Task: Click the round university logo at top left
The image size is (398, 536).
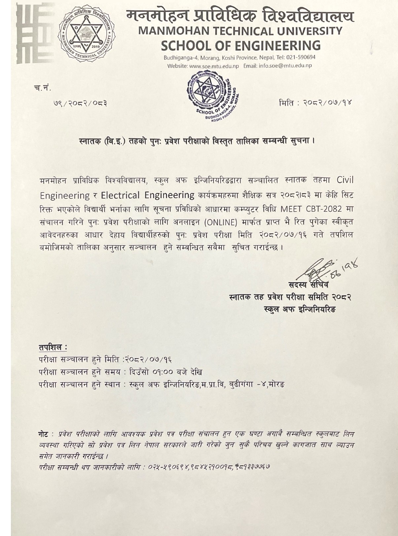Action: [87, 33]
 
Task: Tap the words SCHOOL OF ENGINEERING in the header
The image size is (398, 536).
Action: [240, 45]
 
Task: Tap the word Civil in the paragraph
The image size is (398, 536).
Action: [345, 180]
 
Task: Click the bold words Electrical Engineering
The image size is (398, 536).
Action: [148, 195]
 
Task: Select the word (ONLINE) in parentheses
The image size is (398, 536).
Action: [221, 222]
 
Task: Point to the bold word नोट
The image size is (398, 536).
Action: [44, 434]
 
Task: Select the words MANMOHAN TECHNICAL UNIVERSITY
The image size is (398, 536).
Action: [240, 31]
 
